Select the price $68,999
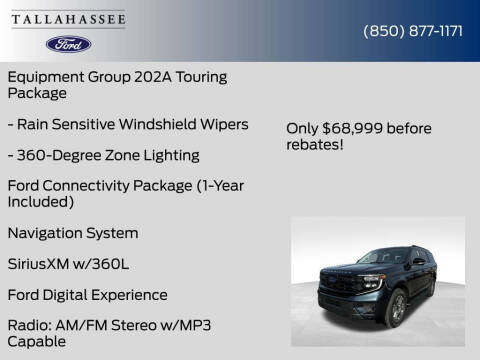point(361,128)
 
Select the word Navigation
point(47,233)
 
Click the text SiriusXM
point(40,264)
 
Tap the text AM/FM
point(84,326)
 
